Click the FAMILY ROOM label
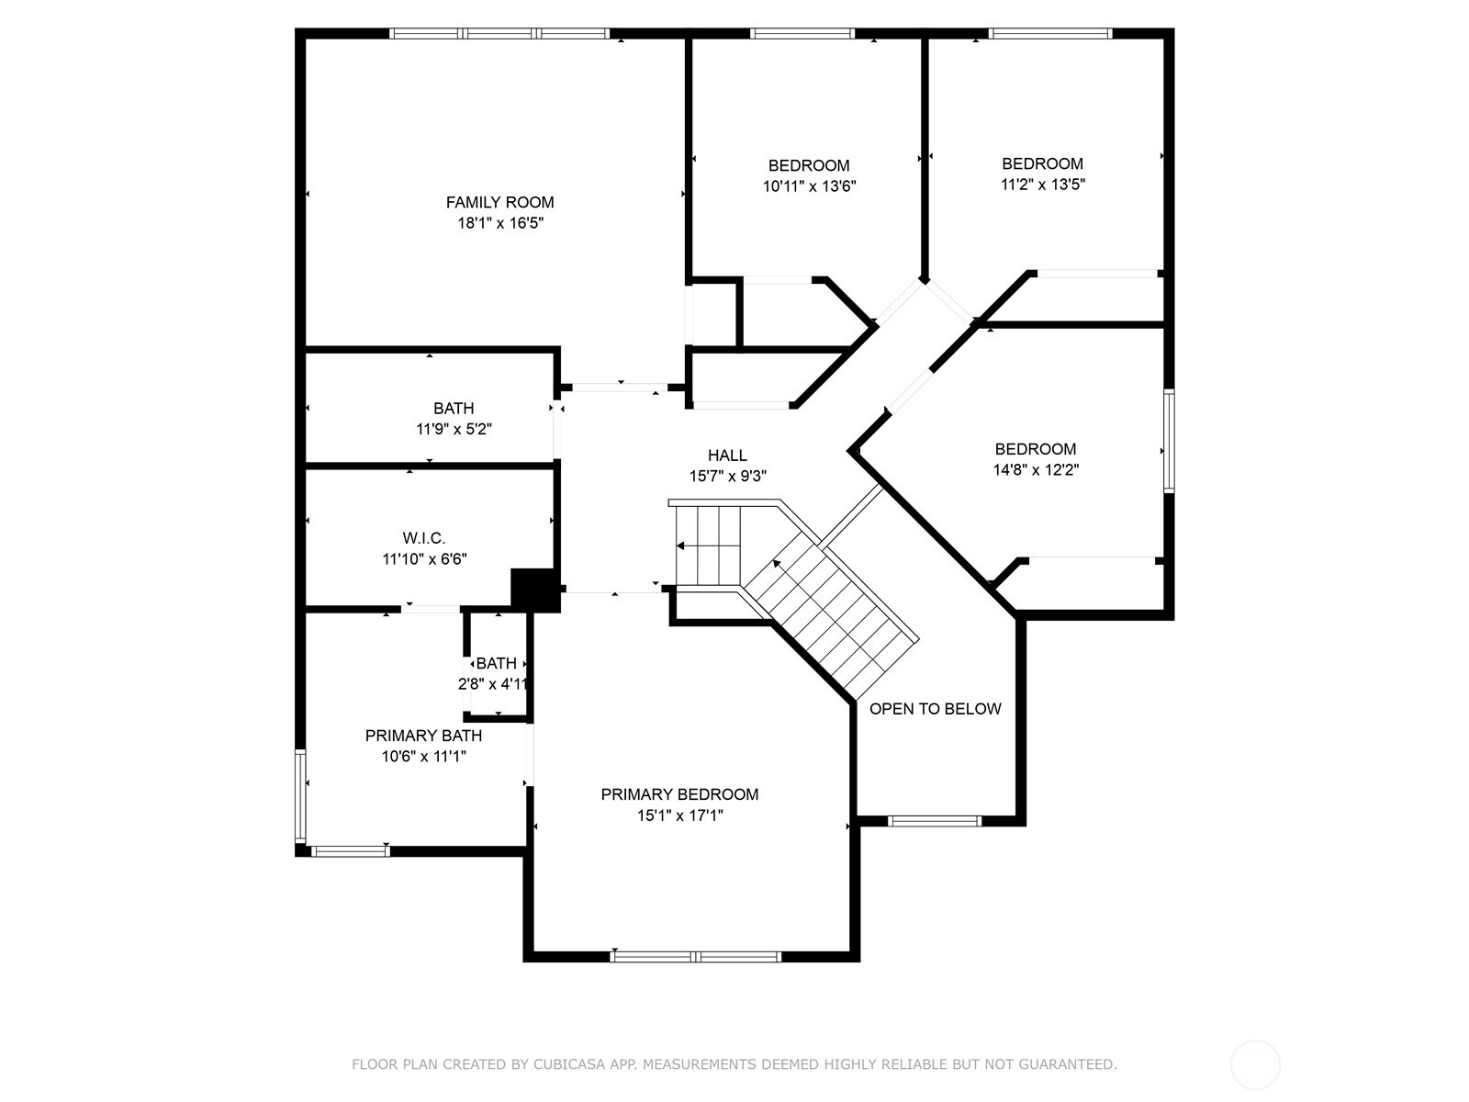[x=500, y=202]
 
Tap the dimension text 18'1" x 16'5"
[x=500, y=223]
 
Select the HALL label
[x=727, y=455]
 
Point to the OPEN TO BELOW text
[x=935, y=709]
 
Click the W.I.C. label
[x=424, y=538]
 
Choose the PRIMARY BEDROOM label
[x=680, y=794]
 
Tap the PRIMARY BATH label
[x=423, y=736]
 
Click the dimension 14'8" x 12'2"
[x=1036, y=469]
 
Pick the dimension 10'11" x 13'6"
[x=810, y=186]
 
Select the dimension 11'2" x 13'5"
[x=1043, y=184]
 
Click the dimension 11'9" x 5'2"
[x=454, y=429]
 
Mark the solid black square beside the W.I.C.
[x=534, y=590]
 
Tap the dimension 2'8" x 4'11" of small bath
[x=494, y=684]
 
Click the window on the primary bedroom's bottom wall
[x=695, y=956]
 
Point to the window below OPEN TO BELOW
[x=935, y=821]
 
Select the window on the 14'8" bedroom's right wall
[x=1169, y=442]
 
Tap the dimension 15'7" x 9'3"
[x=727, y=477]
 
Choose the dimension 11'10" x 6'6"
[x=424, y=558]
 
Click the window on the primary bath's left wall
[x=300, y=796]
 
